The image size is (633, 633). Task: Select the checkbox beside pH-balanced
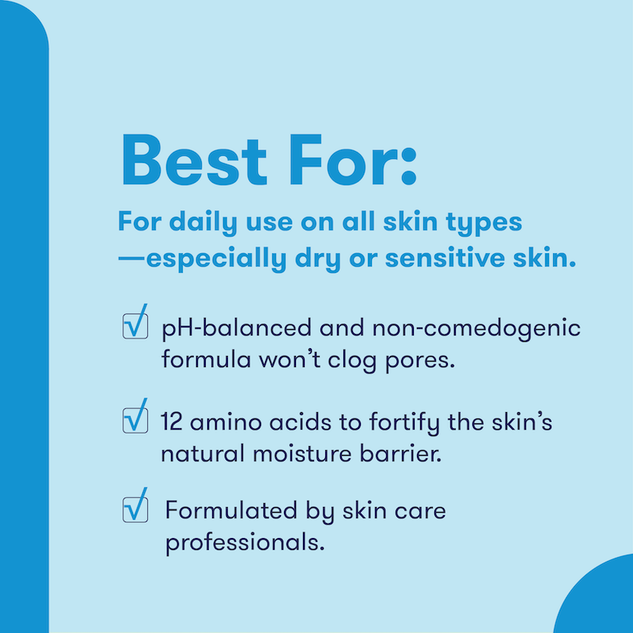point(135,324)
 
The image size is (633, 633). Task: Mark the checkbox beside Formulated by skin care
point(135,508)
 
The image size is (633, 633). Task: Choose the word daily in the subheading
point(195,222)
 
